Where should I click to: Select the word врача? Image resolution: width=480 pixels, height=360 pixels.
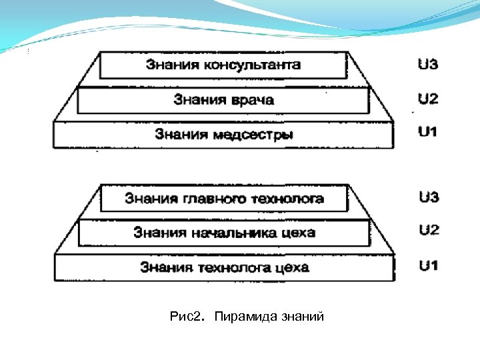249,100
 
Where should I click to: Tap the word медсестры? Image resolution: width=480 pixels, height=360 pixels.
253,134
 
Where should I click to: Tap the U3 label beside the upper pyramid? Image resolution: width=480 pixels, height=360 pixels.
427,65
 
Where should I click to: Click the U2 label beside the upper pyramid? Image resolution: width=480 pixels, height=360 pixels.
427,99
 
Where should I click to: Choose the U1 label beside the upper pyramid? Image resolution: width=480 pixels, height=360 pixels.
427,132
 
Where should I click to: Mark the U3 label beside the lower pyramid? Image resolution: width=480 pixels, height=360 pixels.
429,197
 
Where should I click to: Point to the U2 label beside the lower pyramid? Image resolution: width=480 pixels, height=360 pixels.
429,231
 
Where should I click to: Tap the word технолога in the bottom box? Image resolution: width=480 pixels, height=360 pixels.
231,267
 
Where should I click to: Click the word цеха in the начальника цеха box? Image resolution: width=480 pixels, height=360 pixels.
297,233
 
